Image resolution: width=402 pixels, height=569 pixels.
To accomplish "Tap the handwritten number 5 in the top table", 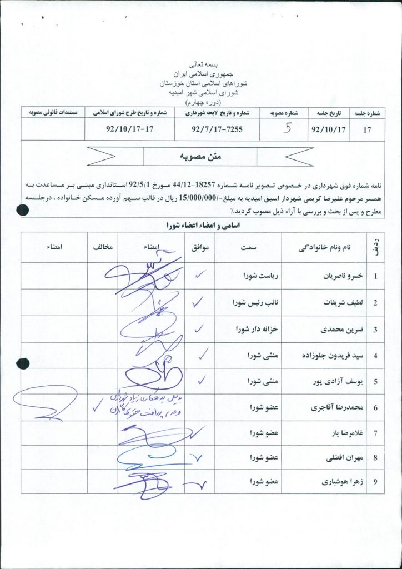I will coord(287,129).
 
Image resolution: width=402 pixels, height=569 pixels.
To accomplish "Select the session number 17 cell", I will coord(366,131).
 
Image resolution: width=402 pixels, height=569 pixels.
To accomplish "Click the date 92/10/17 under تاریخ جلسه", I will coord(329,131).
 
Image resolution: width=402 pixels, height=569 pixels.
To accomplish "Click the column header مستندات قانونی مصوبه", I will coord(53,112).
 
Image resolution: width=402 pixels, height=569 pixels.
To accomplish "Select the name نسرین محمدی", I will coord(333,330).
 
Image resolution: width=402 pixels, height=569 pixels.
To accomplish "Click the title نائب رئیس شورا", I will coord(259,303).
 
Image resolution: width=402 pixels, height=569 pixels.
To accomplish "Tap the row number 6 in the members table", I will coord(375,408).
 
